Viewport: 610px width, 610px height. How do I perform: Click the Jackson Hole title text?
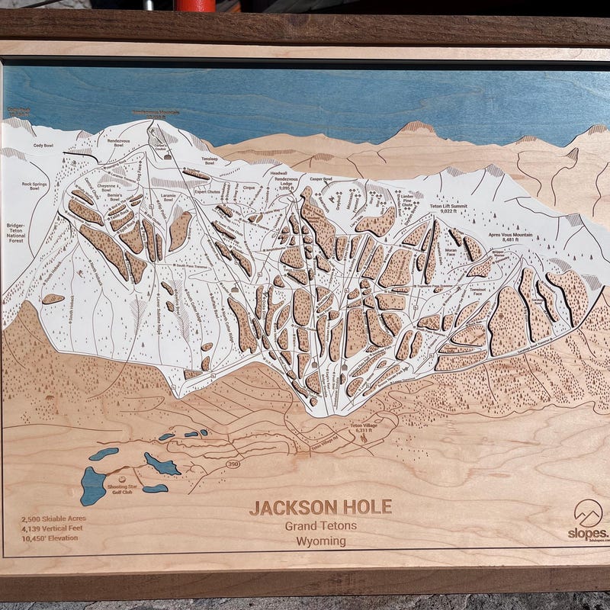coord(320,507)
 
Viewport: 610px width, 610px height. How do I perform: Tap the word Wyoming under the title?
coord(321,541)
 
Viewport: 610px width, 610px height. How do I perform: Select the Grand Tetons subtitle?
coord(321,525)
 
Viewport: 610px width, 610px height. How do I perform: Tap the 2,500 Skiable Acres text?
coord(53,518)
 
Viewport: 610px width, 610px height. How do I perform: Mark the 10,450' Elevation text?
coord(50,538)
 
